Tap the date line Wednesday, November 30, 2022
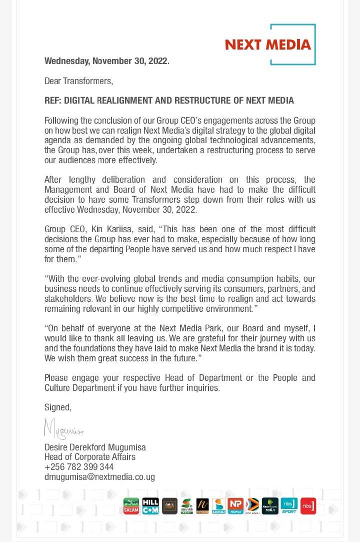[107, 61]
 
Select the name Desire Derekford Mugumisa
[95, 447]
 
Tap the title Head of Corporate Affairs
[90, 457]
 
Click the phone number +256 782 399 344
[79, 467]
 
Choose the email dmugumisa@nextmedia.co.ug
[99, 477]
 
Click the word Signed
[57, 407]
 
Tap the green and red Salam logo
[131, 505]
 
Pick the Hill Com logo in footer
[150, 505]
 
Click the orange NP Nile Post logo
[235, 505]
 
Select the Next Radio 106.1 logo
[270, 505]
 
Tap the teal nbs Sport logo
[289, 505]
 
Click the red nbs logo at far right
[308, 505]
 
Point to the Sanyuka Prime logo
[186, 505]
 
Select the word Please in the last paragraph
[56, 378]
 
